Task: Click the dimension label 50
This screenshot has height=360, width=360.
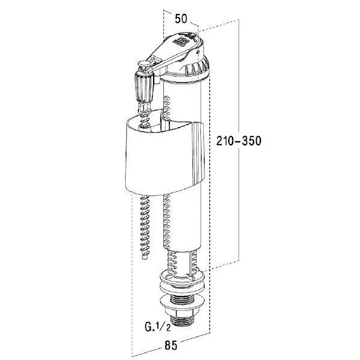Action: [x=181, y=18]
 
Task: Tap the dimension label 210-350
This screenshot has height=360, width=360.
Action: [x=239, y=140]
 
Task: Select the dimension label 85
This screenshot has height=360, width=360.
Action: [x=171, y=345]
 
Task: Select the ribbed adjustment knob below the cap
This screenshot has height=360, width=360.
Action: [x=144, y=87]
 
